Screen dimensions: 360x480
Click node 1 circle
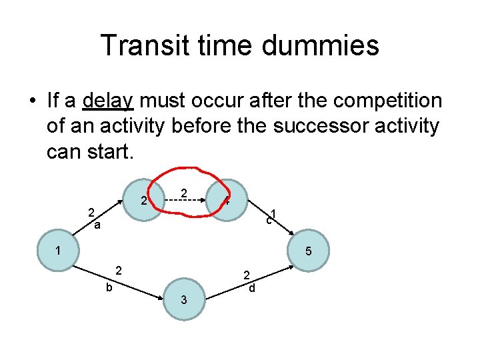click(x=58, y=251)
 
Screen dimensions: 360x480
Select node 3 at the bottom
click(x=184, y=300)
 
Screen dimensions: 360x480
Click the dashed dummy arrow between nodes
click(x=185, y=199)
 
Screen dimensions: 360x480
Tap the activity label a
click(x=97, y=226)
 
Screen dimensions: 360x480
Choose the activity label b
click(x=109, y=288)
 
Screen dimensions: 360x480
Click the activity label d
click(x=251, y=289)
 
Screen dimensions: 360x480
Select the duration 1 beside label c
click(x=274, y=214)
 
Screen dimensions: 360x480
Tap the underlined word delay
click(x=108, y=101)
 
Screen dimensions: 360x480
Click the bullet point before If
click(x=31, y=102)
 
